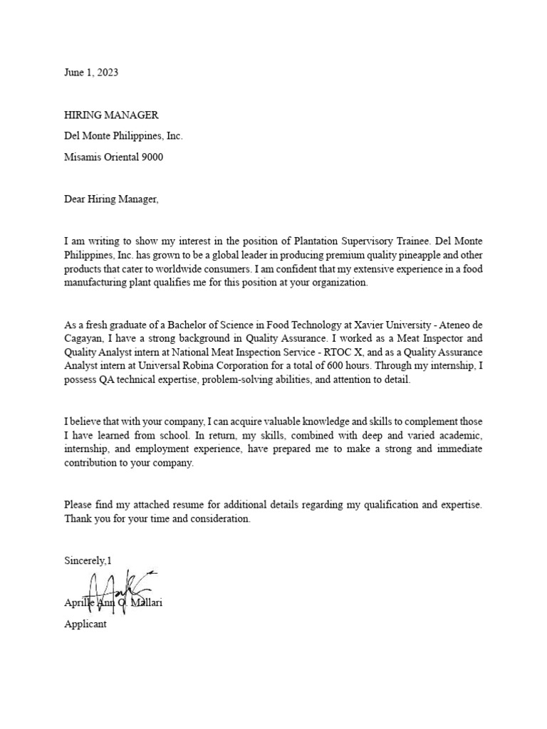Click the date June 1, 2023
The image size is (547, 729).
(91, 73)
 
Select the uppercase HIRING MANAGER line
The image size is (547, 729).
(111, 115)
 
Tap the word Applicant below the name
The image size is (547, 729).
(85, 624)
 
